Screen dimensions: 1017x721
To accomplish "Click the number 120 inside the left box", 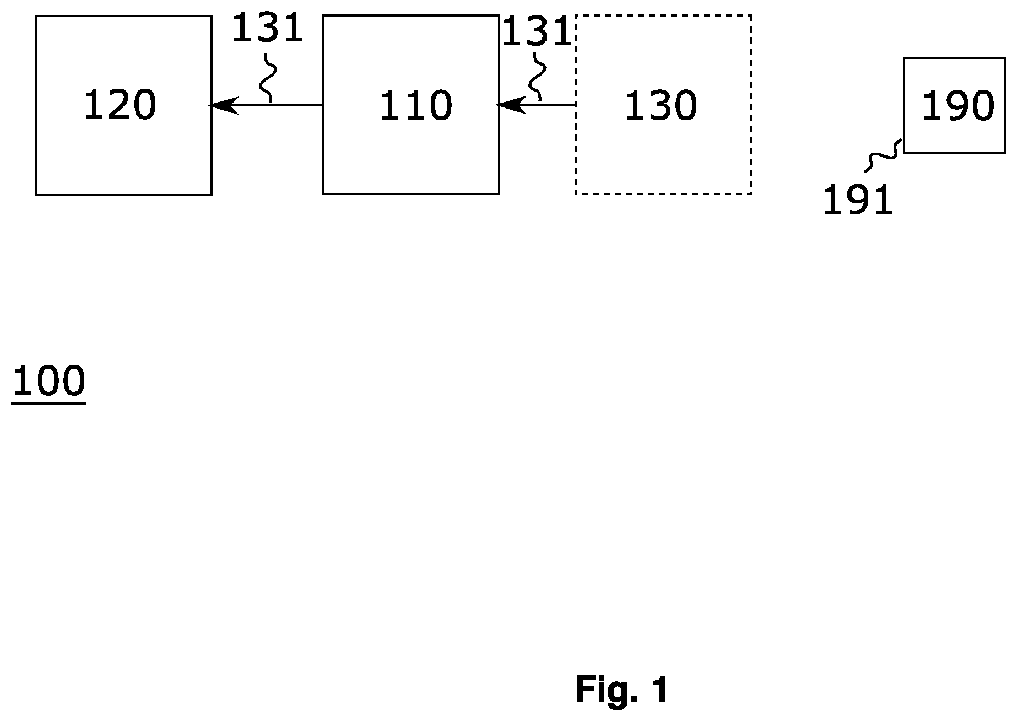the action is click(120, 105).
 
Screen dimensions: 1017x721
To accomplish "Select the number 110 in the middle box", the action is click(416, 106).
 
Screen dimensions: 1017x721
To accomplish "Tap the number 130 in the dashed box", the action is click(661, 106).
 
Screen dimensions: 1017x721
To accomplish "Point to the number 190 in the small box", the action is click(959, 106).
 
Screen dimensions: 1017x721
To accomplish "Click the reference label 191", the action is click(857, 200).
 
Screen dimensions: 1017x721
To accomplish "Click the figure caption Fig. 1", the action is click(621, 690).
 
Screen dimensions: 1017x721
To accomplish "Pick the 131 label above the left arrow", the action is click(268, 29).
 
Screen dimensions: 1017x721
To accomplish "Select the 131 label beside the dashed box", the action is click(537, 32).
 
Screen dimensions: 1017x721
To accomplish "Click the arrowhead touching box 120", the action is click(223, 105).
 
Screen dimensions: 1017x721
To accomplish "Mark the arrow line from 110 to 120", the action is click(266, 105).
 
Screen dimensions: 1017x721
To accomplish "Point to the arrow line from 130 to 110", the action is click(536, 104).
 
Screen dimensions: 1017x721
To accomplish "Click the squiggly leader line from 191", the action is click(884, 156).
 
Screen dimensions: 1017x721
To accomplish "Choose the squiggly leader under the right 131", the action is click(537, 77).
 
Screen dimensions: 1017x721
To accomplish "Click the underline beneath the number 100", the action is click(48, 403).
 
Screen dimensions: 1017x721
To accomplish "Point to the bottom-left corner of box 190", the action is click(904, 153).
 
